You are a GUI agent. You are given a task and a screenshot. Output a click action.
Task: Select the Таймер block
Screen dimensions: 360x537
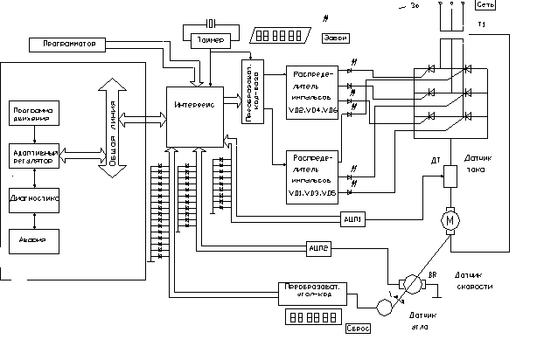tap(213, 38)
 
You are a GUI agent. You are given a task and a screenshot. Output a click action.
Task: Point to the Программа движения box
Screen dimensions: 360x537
tap(32, 114)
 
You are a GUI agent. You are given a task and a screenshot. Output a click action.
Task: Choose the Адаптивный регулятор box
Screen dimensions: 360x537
tap(33, 156)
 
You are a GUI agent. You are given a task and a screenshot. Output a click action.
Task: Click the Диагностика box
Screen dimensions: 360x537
tap(34, 198)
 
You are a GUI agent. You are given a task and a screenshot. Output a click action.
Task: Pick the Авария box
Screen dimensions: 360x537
tap(34, 238)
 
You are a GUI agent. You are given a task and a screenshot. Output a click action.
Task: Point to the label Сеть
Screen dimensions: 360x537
tap(511, 4)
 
